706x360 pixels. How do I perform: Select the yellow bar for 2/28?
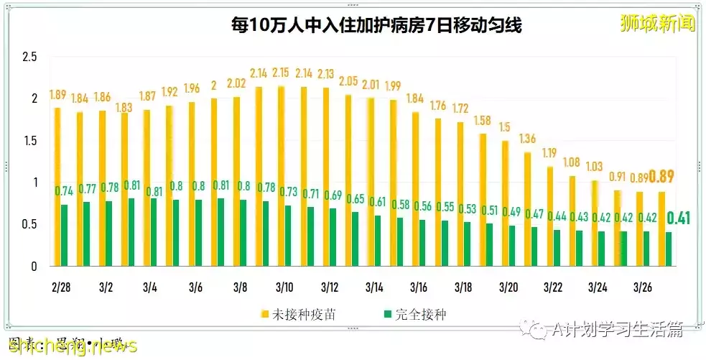click(x=56, y=187)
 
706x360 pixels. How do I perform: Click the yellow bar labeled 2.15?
click(x=280, y=176)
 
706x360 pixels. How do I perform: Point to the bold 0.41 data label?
click(x=679, y=218)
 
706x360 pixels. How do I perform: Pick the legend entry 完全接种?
click(x=419, y=314)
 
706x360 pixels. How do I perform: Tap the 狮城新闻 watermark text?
click(x=656, y=24)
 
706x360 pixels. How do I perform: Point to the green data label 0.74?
click(x=65, y=191)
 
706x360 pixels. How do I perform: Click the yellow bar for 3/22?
click(x=550, y=216)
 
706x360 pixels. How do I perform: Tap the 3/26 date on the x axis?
click(x=641, y=287)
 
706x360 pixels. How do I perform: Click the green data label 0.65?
click(x=356, y=199)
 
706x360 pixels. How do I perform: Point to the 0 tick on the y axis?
click(x=33, y=267)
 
